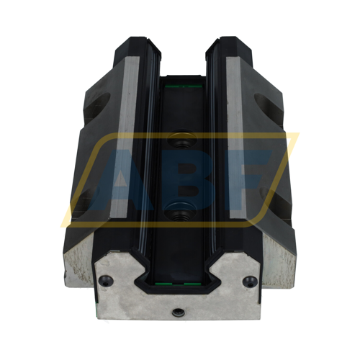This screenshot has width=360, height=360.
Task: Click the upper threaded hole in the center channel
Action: point(180,137)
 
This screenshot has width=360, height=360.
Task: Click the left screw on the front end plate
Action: point(106,282)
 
